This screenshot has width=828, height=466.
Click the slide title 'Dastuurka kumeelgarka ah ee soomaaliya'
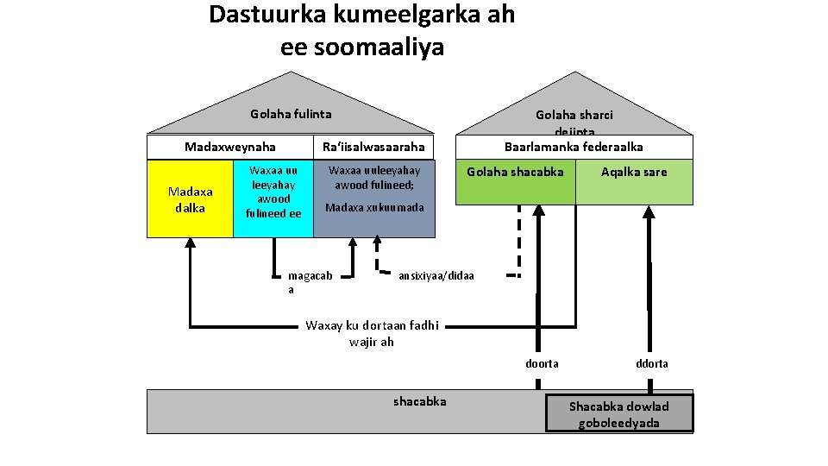pos(361,30)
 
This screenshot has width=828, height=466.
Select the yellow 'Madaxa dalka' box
pos(190,198)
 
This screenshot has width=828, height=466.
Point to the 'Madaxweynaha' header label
pos(230,147)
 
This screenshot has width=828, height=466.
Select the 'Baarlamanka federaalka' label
pos(574,147)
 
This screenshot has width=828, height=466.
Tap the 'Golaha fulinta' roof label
pos(291,114)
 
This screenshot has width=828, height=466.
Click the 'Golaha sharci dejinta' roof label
pos(574,121)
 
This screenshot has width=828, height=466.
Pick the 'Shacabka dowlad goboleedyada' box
pos(618,414)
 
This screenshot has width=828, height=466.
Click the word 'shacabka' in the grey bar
pos(420,401)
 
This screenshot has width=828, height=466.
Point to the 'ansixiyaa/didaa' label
pos(436,276)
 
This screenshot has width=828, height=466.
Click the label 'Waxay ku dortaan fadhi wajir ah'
pos(373,333)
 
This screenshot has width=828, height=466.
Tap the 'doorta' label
pos(542,363)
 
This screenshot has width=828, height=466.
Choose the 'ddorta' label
pos(652,363)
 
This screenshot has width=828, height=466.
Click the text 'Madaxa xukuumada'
pos(374,208)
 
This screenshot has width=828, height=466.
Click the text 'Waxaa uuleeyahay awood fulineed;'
pos(374,177)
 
